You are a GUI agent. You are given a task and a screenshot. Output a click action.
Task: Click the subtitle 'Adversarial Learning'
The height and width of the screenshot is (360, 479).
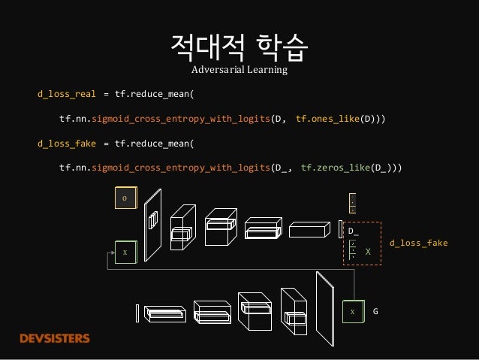[x=239, y=71]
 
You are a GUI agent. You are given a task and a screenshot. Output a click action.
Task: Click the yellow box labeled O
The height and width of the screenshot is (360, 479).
[x=125, y=198]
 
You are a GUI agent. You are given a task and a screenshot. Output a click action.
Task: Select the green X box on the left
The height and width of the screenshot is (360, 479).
[x=125, y=252]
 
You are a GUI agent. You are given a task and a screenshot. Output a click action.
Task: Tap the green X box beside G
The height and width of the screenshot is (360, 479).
[x=351, y=310]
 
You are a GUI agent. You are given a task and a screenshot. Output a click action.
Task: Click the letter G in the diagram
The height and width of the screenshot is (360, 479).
[x=375, y=310]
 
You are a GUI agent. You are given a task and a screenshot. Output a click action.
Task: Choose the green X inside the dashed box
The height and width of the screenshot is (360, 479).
[x=368, y=253]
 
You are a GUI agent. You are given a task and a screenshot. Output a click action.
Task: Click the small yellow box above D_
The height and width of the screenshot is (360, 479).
[x=352, y=204]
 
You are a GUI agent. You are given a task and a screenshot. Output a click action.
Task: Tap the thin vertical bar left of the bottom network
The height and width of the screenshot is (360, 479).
[x=137, y=312]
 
